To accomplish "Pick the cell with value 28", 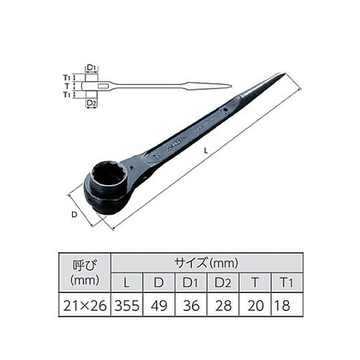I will pos(225,306).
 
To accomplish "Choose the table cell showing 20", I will pos(254,306).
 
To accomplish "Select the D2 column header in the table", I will pos(225,281).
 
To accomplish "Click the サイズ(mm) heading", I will pos(206,261).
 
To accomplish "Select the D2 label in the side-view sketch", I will pos(91,104).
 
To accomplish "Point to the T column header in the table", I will pos(254,281).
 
